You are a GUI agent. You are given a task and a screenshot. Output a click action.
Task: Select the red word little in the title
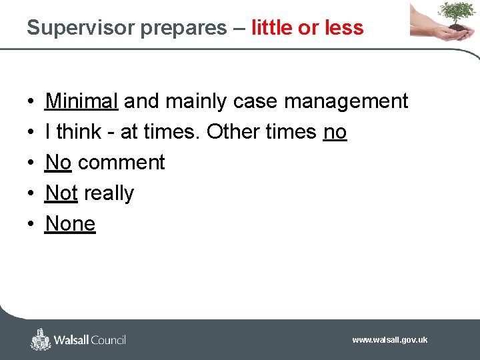click(272, 28)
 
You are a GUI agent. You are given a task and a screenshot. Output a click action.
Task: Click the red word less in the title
click(344, 28)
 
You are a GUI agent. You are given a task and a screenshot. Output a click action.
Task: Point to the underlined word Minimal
click(81, 101)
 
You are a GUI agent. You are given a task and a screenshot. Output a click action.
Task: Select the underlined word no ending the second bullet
click(335, 132)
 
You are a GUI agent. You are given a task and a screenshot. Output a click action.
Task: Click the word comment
click(121, 163)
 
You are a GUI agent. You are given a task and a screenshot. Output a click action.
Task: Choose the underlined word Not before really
click(61, 193)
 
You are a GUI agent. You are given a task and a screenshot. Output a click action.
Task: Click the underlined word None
click(70, 224)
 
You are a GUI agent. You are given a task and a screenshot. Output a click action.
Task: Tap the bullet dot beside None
click(32, 225)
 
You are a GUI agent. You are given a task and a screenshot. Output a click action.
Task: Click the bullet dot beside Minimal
click(32, 102)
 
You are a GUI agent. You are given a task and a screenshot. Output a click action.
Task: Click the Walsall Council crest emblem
click(41, 339)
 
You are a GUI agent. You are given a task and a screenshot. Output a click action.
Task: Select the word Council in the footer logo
click(104, 340)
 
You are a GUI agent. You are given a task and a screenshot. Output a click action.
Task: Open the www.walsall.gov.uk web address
click(389, 340)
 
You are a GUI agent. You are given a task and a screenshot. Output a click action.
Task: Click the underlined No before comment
click(58, 163)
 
